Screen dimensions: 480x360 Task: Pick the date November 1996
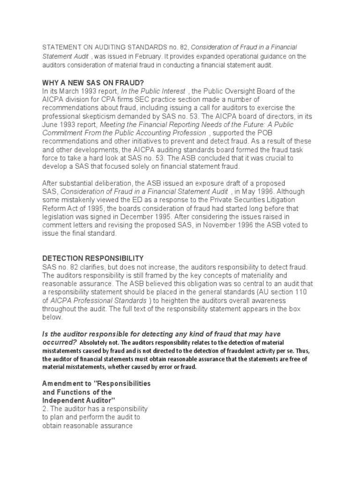click(222, 225)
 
